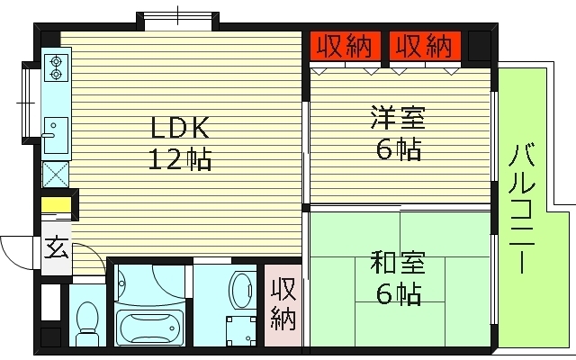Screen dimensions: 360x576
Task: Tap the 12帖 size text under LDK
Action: click(x=180, y=160)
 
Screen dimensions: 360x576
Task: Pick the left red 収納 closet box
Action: click(x=344, y=45)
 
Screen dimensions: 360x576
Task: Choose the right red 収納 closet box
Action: click(x=421, y=45)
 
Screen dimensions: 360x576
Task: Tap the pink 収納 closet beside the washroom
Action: click(x=283, y=303)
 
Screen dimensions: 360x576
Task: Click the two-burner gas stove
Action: click(x=56, y=68)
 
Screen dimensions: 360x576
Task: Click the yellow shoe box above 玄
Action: click(x=56, y=206)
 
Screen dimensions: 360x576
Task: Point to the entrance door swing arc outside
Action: click(x=16, y=247)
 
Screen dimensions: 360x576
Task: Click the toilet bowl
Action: click(x=87, y=319)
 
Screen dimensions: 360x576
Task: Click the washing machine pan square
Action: click(x=239, y=328)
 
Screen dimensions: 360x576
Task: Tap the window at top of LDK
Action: click(x=176, y=18)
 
